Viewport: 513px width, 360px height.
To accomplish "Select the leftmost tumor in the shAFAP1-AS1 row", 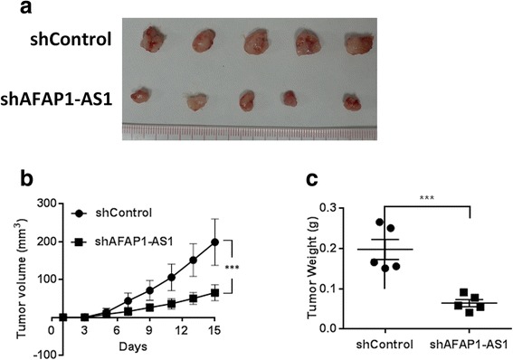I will (x=142, y=95).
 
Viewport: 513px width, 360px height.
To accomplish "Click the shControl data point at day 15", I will (x=215, y=242).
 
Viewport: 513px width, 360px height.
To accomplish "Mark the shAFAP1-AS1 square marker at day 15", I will (x=215, y=293).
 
